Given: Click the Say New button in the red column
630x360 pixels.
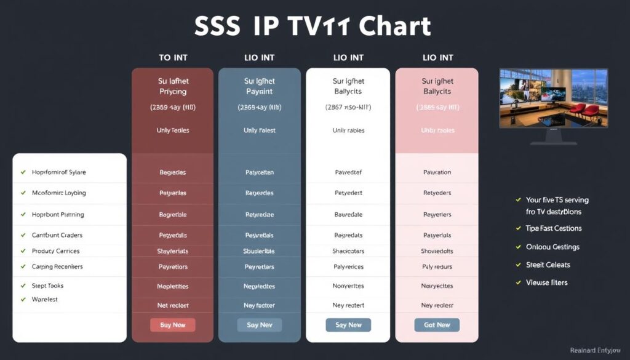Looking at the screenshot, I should pos(172,325).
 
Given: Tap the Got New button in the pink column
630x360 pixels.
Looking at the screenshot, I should pos(437,325).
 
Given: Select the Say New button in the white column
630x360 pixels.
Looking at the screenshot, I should pos(348,325).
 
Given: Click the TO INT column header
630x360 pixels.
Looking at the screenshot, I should pos(173,58).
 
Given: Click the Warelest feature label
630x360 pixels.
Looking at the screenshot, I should pos(44,299).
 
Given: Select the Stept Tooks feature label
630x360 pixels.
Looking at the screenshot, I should pos(47,286).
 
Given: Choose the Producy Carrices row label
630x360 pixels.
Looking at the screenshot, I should pos(55,251).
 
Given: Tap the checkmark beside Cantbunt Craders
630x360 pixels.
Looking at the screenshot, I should pos(23,235).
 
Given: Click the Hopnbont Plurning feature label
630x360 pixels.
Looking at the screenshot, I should pos(58,215).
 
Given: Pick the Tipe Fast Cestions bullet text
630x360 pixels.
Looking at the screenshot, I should pos(554,228).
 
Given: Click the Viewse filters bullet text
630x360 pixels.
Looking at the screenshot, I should pos(546,282).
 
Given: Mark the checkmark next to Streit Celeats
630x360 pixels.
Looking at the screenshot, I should pos(519,265).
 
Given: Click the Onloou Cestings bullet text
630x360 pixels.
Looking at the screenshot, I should pos(552,247).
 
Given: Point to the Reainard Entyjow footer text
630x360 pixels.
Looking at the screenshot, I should pos(596,350).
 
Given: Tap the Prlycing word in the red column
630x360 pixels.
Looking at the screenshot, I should pos(172,92).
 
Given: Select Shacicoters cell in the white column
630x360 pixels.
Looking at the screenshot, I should pos(348,251).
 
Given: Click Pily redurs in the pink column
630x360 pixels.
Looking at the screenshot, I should pos(437,267).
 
